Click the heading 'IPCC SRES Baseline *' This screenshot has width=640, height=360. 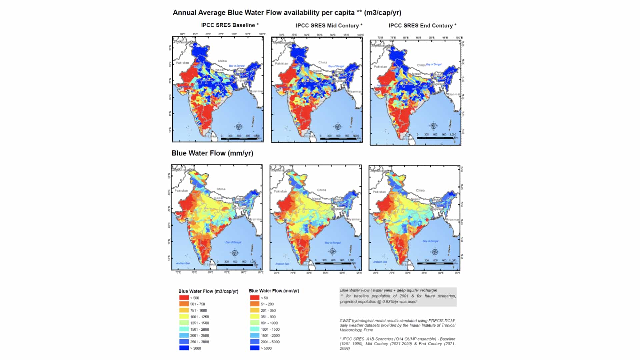[230, 25]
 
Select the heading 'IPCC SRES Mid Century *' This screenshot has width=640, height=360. [329, 25]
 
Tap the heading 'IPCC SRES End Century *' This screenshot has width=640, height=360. [422, 25]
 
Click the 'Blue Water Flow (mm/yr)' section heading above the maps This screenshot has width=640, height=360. [212, 153]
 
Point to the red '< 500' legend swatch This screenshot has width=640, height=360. [184, 298]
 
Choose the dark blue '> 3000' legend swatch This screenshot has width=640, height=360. [184, 348]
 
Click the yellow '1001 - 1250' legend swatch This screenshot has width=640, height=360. [184, 317]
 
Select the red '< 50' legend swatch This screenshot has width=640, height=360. [255, 298]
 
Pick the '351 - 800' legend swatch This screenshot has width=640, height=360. [255, 317]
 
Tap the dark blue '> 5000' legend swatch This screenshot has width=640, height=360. [255, 348]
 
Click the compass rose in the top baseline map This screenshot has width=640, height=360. [239, 127]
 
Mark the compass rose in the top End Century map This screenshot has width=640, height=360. [433, 126]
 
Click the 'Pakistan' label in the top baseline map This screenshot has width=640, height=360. [182, 63]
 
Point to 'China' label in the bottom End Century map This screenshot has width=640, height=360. [420, 190]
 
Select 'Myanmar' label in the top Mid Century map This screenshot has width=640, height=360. [354, 91]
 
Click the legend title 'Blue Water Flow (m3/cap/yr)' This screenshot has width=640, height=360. [208, 291]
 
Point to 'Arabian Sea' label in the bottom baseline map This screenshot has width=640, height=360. [183, 263]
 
